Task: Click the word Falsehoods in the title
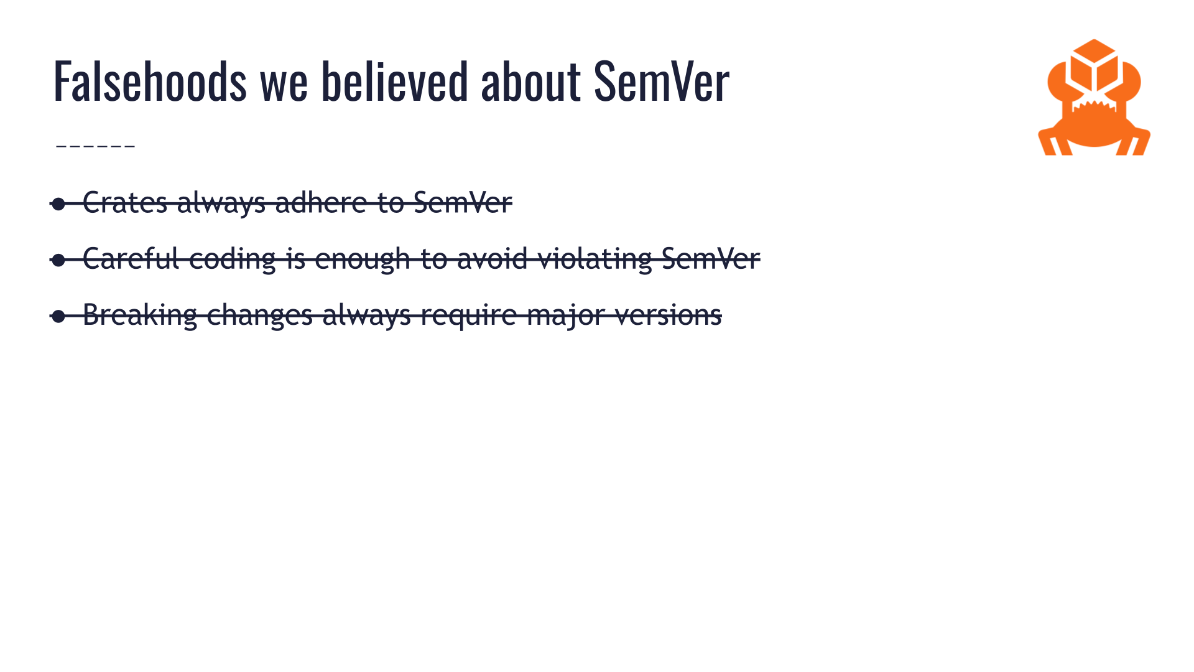(x=150, y=81)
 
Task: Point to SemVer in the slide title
(x=662, y=81)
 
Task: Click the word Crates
(x=125, y=203)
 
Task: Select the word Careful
(x=131, y=259)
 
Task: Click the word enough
(x=363, y=259)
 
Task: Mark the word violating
(x=595, y=259)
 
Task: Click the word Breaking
(x=140, y=315)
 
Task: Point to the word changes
(x=259, y=315)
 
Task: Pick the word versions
(x=669, y=315)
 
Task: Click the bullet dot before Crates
(x=58, y=204)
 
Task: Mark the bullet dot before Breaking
(x=58, y=316)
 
